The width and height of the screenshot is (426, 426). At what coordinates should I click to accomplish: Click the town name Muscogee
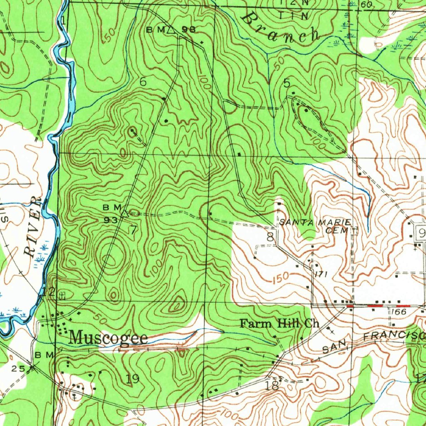pos(108,338)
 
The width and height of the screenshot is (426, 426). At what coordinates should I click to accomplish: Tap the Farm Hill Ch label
pos(280,324)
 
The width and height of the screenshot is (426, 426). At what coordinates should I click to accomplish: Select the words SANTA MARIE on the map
pos(315,223)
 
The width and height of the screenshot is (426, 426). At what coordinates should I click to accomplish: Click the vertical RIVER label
pos(33,227)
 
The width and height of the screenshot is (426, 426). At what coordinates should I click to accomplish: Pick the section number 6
pos(143,82)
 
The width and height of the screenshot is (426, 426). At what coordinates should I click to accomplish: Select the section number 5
pos(287,83)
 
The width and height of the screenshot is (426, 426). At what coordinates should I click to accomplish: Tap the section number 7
pos(133,230)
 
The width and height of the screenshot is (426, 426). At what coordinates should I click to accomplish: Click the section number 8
pos(270,238)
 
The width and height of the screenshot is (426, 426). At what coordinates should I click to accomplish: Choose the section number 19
pos(132,379)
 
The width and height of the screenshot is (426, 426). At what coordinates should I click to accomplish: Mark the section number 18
pos(272,386)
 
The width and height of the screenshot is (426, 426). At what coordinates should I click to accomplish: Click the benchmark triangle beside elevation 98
pos(171,30)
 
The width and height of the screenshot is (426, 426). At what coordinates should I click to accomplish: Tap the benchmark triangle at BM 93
pos(124,213)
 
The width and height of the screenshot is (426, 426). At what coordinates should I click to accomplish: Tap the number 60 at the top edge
pos(366,4)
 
